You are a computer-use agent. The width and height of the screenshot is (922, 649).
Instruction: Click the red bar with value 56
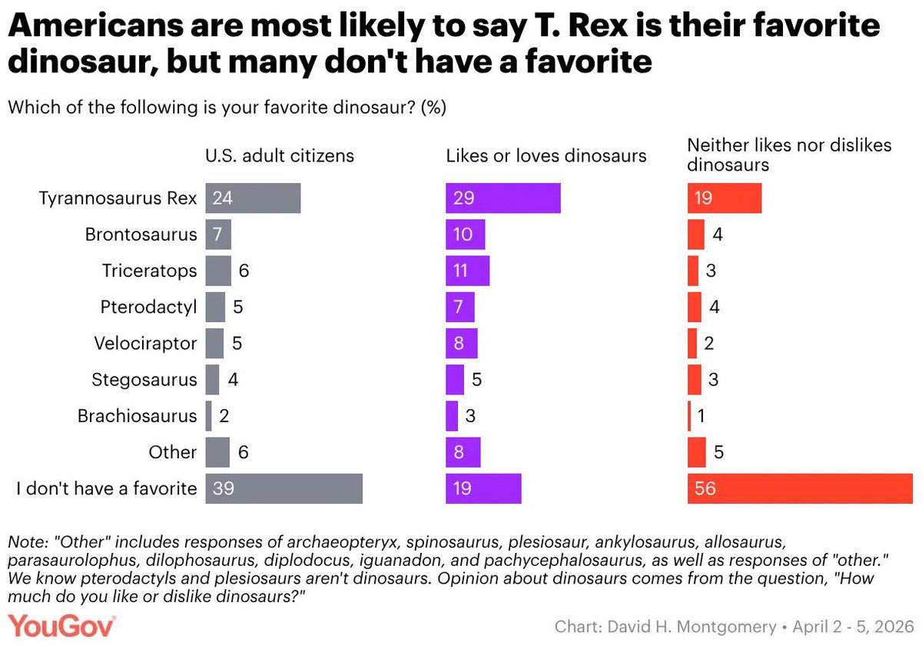point(799,488)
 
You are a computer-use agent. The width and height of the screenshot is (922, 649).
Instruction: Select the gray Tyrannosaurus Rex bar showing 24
point(253,198)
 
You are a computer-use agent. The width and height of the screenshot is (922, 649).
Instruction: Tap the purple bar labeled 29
point(502,198)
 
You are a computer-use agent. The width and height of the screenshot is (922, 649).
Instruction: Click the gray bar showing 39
point(284,488)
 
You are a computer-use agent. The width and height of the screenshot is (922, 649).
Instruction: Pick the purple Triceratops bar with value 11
point(467,271)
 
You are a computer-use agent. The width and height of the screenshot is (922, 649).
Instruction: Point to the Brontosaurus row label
point(141,235)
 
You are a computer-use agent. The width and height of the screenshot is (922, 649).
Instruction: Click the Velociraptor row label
point(145,343)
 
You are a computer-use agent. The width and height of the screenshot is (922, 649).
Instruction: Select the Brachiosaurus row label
point(138,416)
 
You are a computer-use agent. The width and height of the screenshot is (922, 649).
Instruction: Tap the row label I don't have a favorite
point(107,488)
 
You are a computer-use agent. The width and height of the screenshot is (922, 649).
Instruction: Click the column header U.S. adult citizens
point(280,155)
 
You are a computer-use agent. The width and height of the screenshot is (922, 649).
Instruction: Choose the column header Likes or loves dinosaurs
point(546,155)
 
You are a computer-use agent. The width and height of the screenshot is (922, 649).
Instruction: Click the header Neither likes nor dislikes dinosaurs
point(789,154)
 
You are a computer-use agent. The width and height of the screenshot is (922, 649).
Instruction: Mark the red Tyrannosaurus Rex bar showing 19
point(724,198)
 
